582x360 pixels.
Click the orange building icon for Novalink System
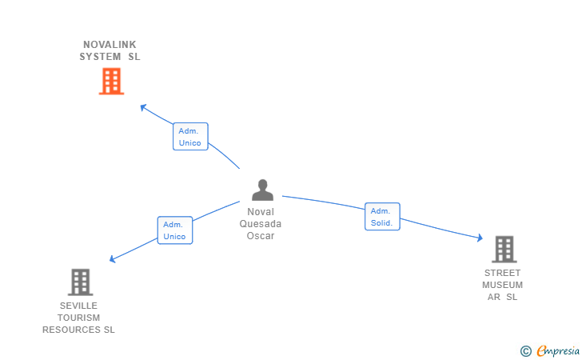coord(111,81)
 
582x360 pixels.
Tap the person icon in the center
coord(262,190)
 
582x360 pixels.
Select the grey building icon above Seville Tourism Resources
coord(80,282)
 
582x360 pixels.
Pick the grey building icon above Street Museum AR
coord(504,249)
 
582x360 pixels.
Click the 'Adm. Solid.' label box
coord(381,217)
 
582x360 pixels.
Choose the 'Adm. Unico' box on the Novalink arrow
coord(190,137)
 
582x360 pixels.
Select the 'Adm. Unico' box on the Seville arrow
coord(174,230)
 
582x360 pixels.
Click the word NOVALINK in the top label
coord(110,45)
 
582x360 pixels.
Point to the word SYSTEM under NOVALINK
coord(100,57)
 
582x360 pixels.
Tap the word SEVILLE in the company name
coord(79,306)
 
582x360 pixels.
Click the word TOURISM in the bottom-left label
coord(79,318)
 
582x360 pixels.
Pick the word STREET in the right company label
coord(503,273)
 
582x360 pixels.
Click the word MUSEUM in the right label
coord(503,285)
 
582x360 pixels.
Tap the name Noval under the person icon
coord(261,212)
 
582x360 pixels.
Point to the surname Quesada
coord(261,224)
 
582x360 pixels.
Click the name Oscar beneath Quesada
coord(261,236)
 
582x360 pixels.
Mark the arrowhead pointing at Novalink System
coord(143,106)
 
